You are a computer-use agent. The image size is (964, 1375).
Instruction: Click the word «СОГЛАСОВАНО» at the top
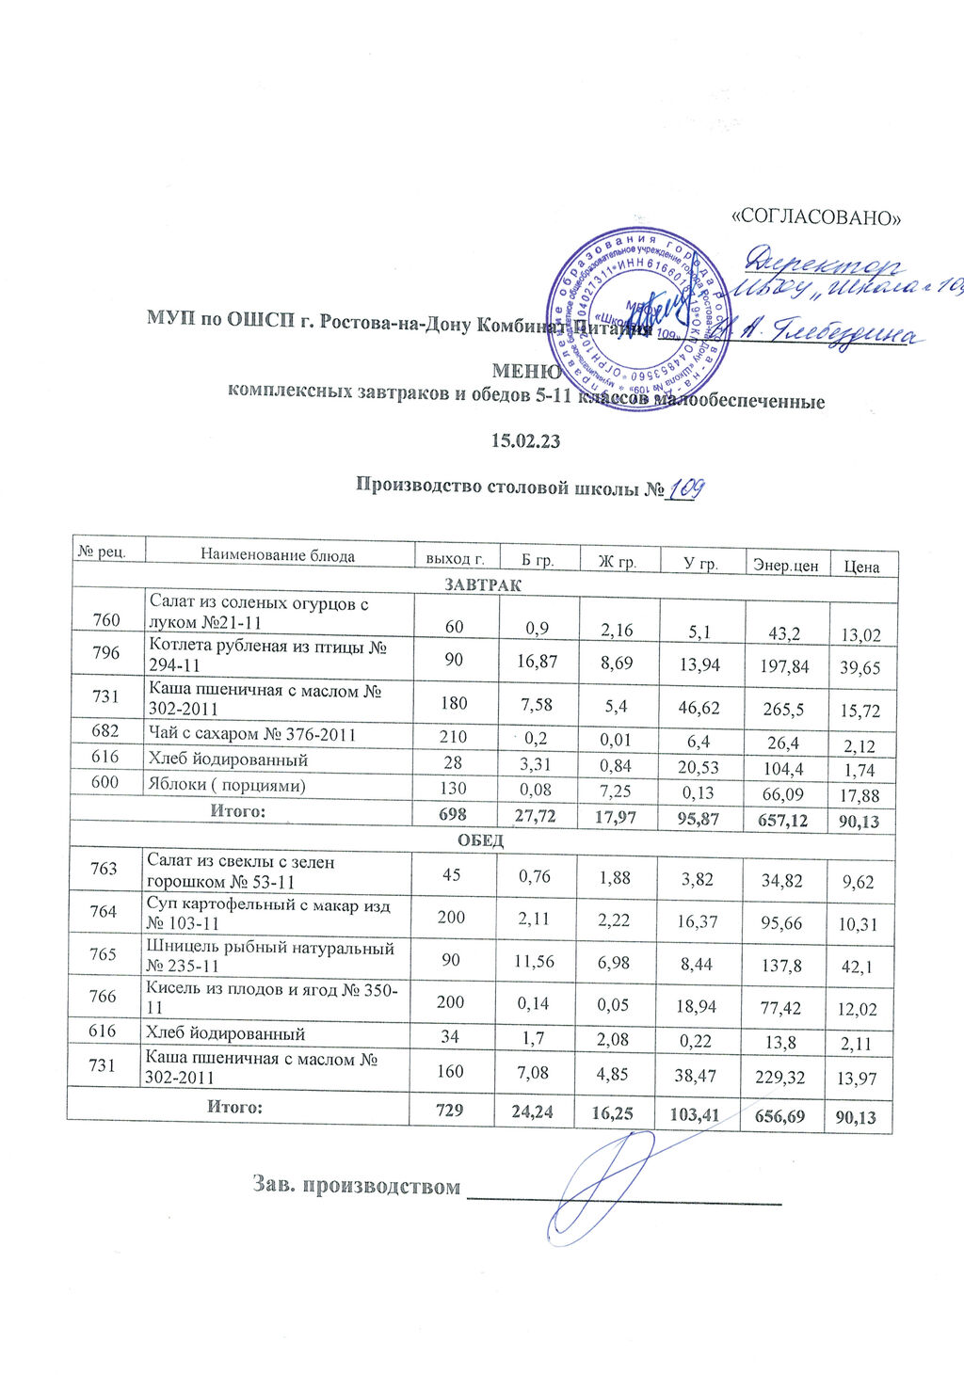[x=816, y=217]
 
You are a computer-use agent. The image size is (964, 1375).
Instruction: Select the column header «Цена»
[x=861, y=567]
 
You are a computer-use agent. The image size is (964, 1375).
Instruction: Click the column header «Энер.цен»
[x=785, y=565]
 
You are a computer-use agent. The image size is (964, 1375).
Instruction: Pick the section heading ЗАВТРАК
[x=483, y=584]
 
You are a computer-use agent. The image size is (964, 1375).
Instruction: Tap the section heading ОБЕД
[x=480, y=839]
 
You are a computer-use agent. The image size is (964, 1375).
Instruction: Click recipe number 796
[x=106, y=652]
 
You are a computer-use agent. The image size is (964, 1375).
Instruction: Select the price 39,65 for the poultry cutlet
[x=860, y=667]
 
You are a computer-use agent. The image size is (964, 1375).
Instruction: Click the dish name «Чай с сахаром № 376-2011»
[x=251, y=734]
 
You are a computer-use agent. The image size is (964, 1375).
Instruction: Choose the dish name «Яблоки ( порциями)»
[x=227, y=784]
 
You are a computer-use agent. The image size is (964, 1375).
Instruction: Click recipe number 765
[x=104, y=954]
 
